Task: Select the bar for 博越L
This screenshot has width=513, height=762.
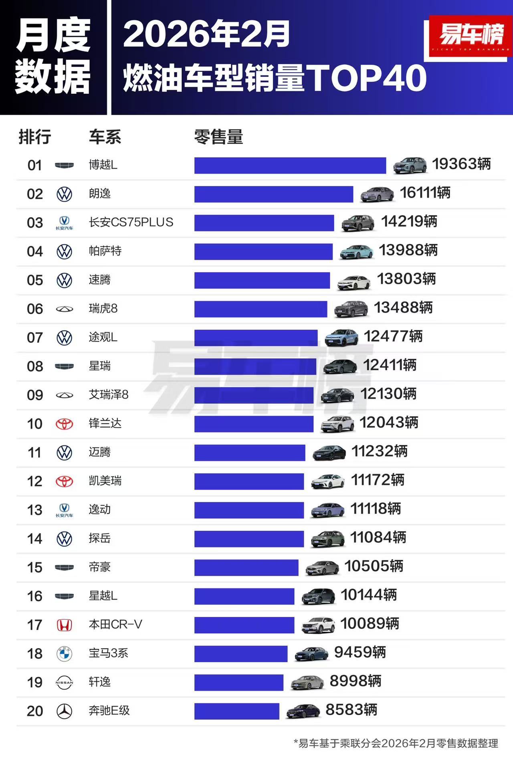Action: [x=290, y=166]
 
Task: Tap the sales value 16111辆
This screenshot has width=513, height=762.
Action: [x=425, y=193]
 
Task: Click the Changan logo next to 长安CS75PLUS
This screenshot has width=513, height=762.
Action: [x=64, y=223]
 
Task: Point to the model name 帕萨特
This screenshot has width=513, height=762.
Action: [x=105, y=251]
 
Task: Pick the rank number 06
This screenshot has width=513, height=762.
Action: [x=35, y=309]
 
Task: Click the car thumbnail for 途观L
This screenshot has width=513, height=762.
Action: [x=341, y=338]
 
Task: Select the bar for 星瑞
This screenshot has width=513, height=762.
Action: [x=255, y=366]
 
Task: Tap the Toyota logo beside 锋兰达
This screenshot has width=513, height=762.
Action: [x=64, y=424]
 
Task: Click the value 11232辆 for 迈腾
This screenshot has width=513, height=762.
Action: [x=379, y=452]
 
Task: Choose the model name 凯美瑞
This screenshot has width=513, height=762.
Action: [x=105, y=481]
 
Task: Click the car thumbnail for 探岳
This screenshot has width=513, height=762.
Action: [x=328, y=539]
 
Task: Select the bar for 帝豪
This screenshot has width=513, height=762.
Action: [x=246, y=568]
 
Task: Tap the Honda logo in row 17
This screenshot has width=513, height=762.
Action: [x=64, y=625]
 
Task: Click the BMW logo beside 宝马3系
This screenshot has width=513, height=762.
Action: [x=64, y=654]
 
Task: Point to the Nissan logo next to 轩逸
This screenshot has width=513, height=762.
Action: [x=64, y=682]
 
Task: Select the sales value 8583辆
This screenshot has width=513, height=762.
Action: [x=351, y=710]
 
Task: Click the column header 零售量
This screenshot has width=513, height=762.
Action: [x=218, y=137]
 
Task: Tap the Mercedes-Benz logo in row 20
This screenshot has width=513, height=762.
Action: [x=64, y=711]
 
